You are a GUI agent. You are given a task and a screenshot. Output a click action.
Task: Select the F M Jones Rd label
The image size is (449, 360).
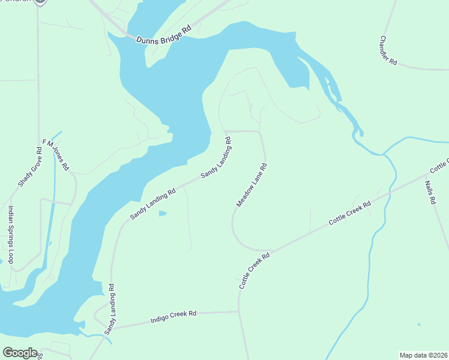click(56, 154)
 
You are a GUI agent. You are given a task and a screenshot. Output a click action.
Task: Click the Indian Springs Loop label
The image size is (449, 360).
click(10, 235)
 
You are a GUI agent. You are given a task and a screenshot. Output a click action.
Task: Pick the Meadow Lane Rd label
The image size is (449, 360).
click(251, 184)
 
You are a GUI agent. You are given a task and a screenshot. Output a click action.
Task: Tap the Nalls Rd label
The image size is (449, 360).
click(430, 193)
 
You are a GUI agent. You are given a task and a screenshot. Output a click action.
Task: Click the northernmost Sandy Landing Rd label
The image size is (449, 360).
click(216, 158)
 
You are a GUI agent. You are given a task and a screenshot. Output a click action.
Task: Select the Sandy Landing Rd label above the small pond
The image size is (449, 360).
click(153, 203)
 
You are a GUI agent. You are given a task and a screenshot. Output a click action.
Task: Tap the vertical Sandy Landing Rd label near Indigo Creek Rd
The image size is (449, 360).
click(110, 309)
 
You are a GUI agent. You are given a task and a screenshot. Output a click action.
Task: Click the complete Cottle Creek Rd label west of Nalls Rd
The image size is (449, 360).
click(350, 214)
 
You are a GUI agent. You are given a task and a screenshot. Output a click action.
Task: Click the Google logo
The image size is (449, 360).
click(20, 352)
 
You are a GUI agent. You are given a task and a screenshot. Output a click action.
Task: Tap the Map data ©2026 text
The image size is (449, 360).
click(423, 355)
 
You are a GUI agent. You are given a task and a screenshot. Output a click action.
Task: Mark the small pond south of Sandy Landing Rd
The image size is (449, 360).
click(162, 213)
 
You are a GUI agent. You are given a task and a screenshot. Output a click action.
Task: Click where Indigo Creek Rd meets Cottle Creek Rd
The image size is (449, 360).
click(239, 311)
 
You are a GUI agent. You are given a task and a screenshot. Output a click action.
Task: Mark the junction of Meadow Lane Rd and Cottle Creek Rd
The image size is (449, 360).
click(271, 251)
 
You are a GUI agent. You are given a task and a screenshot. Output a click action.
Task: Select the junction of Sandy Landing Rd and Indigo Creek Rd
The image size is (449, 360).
click(113, 329)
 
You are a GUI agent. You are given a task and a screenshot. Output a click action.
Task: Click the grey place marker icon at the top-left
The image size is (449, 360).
click(40, 2)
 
